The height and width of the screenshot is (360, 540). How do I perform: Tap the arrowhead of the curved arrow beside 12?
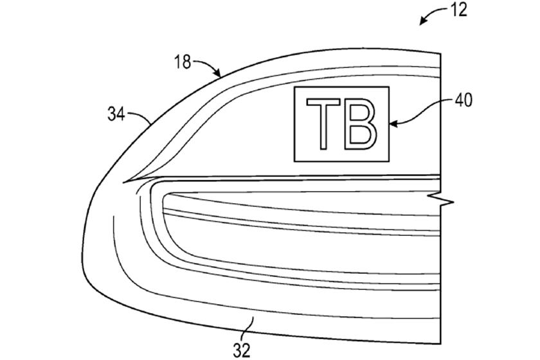(422, 22)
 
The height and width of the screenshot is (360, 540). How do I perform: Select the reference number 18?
(182, 62)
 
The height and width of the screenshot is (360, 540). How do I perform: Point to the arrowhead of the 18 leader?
(218, 73)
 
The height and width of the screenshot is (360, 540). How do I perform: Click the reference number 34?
(116, 114)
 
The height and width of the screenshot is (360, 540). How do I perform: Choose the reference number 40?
(464, 100)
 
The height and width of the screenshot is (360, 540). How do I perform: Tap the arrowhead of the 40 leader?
(393, 123)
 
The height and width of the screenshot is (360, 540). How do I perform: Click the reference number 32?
(242, 350)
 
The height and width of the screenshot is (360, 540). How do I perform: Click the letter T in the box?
(323, 123)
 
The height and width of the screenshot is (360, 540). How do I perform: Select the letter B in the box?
(361, 123)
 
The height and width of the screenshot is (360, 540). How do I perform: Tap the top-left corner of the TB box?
(294, 87)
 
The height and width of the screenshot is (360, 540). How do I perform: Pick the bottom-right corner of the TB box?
(390, 161)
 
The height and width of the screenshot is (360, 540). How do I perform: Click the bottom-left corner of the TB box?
(294, 161)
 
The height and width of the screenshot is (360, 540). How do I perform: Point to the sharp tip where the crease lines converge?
(123, 182)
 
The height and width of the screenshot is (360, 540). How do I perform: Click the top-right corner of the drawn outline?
(441, 53)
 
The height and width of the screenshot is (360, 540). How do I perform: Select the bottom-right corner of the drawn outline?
(441, 344)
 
